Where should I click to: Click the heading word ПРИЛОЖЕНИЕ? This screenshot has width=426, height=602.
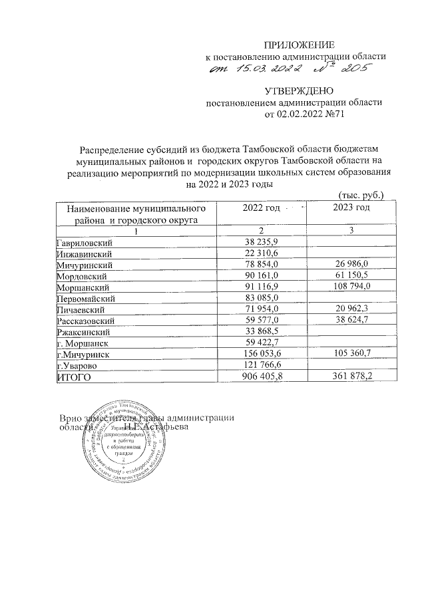coord(299,45)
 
